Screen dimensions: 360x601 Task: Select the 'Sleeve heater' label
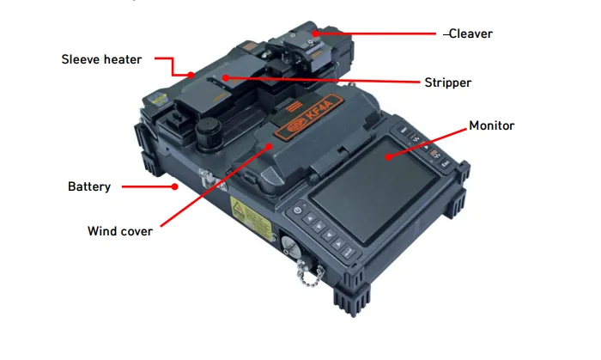click(x=101, y=59)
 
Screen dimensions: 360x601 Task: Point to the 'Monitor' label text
click(x=491, y=125)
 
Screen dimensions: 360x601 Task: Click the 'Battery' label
click(x=89, y=186)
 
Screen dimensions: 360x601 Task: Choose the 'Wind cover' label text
click(x=120, y=231)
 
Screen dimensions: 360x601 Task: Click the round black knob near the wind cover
click(x=209, y=135)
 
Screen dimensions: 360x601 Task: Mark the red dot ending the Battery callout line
click(x=175, y=185)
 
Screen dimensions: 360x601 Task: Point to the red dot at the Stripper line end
click(x=226, y=78)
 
